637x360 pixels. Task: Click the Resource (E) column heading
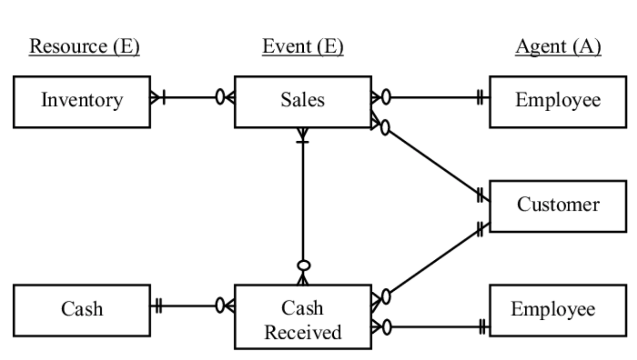tap(84, 47)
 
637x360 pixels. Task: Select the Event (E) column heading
tap(303, 47)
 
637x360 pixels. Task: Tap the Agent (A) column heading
tap(558, 47)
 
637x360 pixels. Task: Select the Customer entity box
tap(558, 206)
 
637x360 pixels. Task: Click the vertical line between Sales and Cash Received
tap(303, 203)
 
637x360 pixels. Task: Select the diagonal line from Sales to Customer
tap(434, 162)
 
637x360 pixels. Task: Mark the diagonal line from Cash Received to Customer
tap(434, 261)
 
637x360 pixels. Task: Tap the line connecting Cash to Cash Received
tap(189, 306)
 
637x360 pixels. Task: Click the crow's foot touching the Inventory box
tap(155, 97)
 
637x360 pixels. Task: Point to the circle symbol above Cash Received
tap(303, 266)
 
